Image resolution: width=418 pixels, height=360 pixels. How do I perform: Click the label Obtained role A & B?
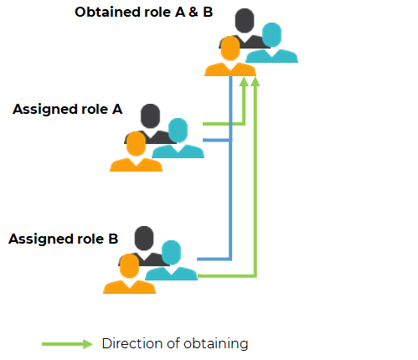143,13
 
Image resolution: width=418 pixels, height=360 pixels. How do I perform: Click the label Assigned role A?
68,109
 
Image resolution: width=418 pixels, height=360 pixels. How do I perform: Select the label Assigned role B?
64,239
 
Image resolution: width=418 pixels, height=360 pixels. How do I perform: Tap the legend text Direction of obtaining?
175,343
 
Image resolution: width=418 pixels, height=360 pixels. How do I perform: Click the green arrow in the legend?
67,344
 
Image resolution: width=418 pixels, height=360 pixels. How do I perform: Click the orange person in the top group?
230,56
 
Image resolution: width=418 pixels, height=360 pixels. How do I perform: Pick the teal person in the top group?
271,43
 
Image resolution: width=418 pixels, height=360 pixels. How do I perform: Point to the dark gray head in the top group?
245,20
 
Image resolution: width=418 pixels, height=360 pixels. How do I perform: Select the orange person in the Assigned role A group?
136,152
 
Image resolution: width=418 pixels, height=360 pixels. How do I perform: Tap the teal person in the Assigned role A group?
178,138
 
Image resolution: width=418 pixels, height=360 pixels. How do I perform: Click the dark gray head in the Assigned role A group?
150,116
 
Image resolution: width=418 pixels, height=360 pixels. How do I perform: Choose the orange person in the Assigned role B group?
129,274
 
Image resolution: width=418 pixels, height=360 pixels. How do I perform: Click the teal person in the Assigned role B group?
171,260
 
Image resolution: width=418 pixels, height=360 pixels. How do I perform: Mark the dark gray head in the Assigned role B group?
144,238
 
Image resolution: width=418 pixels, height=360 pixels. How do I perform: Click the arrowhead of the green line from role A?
244,81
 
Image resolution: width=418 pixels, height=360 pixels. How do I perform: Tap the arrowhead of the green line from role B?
255,81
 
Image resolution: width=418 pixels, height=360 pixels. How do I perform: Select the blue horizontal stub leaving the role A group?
217,140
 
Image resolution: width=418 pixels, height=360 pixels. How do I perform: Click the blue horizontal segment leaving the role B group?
214,260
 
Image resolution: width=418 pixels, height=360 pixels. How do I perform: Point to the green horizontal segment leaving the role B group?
227,276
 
